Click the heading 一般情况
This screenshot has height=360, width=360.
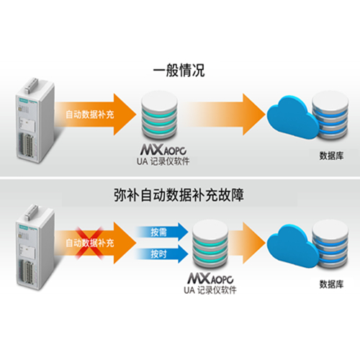179,71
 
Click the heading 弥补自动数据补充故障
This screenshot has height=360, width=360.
179,195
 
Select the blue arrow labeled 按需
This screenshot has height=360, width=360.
162,232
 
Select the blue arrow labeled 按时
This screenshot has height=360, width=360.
162,253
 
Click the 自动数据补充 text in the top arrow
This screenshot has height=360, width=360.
90,114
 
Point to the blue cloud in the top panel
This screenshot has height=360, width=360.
293,117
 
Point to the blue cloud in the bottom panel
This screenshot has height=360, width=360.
293,246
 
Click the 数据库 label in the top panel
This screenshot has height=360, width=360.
331,156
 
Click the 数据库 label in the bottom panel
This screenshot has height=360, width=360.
331,284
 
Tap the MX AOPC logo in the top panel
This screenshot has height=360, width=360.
163,150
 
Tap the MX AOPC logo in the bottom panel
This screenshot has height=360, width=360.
210,279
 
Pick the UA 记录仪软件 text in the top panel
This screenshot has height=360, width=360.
163,161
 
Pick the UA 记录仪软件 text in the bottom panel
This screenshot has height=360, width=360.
210,290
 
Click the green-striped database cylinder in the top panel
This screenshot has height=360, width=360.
160,115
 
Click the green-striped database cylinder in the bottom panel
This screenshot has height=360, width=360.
210,244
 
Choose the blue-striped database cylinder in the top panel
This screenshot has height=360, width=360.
330,116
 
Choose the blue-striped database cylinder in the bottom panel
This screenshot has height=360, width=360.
330,244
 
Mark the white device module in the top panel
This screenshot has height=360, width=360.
35,120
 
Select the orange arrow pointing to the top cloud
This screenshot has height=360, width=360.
225,114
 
